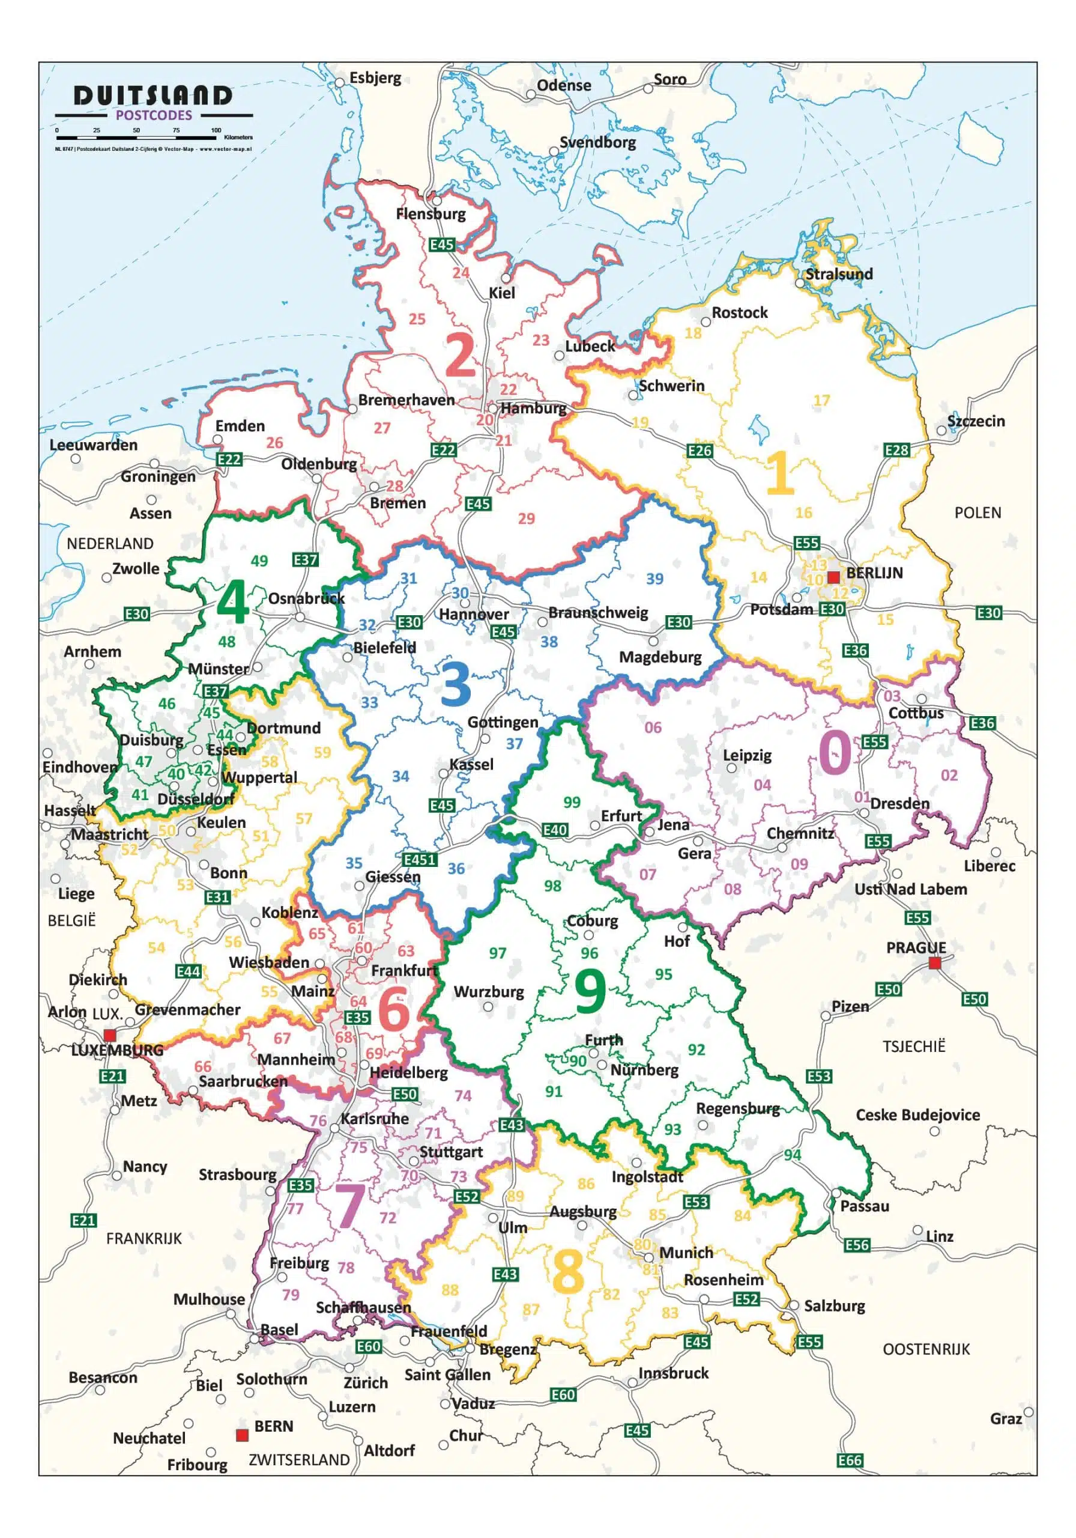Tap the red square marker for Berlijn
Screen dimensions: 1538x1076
pos(833,577)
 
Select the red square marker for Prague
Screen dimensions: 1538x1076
pos(935,963)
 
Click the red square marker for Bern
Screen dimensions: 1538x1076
pos(243,1435)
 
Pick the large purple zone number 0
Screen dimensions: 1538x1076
pos(835,752)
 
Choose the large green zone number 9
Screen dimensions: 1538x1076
pos(590,992)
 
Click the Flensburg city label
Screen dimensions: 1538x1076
pos(431,214)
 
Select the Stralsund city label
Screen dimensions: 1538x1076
pos(839,274)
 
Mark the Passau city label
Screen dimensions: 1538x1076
pos(865,1206)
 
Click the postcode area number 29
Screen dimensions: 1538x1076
pos(526,518)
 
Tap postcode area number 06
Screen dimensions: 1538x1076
pos(653,728)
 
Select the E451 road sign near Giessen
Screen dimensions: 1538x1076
pos(420,860)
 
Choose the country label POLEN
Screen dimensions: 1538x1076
pos(978,513)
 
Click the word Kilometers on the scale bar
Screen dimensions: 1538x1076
pos(238,138)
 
